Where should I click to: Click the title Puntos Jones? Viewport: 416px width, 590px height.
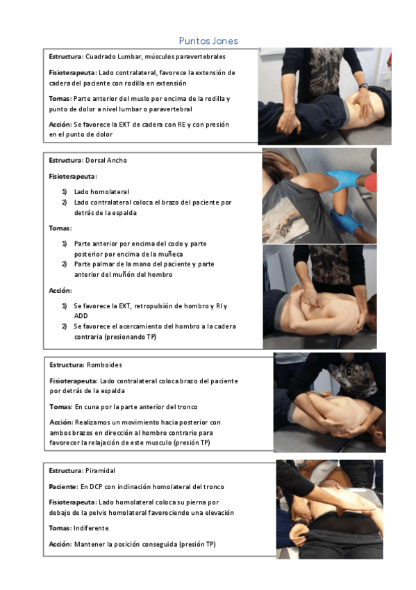pos(208,40)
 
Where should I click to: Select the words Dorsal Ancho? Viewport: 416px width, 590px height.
pos(106,160)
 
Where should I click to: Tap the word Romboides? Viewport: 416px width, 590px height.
pos(104,365)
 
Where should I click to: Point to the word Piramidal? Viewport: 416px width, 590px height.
pos(100,471)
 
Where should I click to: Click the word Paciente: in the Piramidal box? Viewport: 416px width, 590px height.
pos(63,487)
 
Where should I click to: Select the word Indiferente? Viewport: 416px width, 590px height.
pos(91,528)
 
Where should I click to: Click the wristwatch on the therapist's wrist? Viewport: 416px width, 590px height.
pos(363,86)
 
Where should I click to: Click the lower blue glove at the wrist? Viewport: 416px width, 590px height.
pos(344,221)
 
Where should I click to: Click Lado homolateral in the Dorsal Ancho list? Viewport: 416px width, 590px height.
pos(101,192)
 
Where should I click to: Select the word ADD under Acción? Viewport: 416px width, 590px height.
pos(81,316)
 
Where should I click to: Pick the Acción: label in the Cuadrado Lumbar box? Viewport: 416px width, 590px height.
pos(60,125)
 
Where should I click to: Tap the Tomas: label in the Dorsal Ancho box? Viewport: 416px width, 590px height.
pos(60,228)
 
